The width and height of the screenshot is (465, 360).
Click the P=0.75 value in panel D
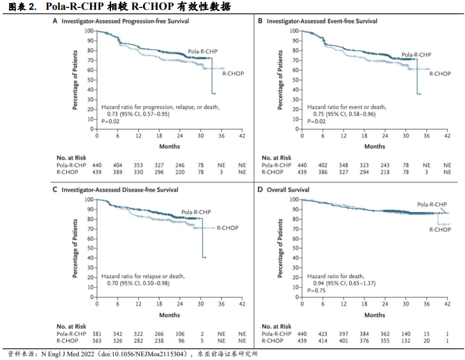[317, 289]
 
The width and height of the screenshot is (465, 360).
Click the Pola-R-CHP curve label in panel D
[432, 204]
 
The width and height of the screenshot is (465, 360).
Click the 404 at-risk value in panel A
[117, 165]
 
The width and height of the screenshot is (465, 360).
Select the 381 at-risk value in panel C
[97, 333]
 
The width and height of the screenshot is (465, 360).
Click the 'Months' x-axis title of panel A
[170, 146]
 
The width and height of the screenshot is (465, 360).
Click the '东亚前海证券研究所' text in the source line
[228, 354]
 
